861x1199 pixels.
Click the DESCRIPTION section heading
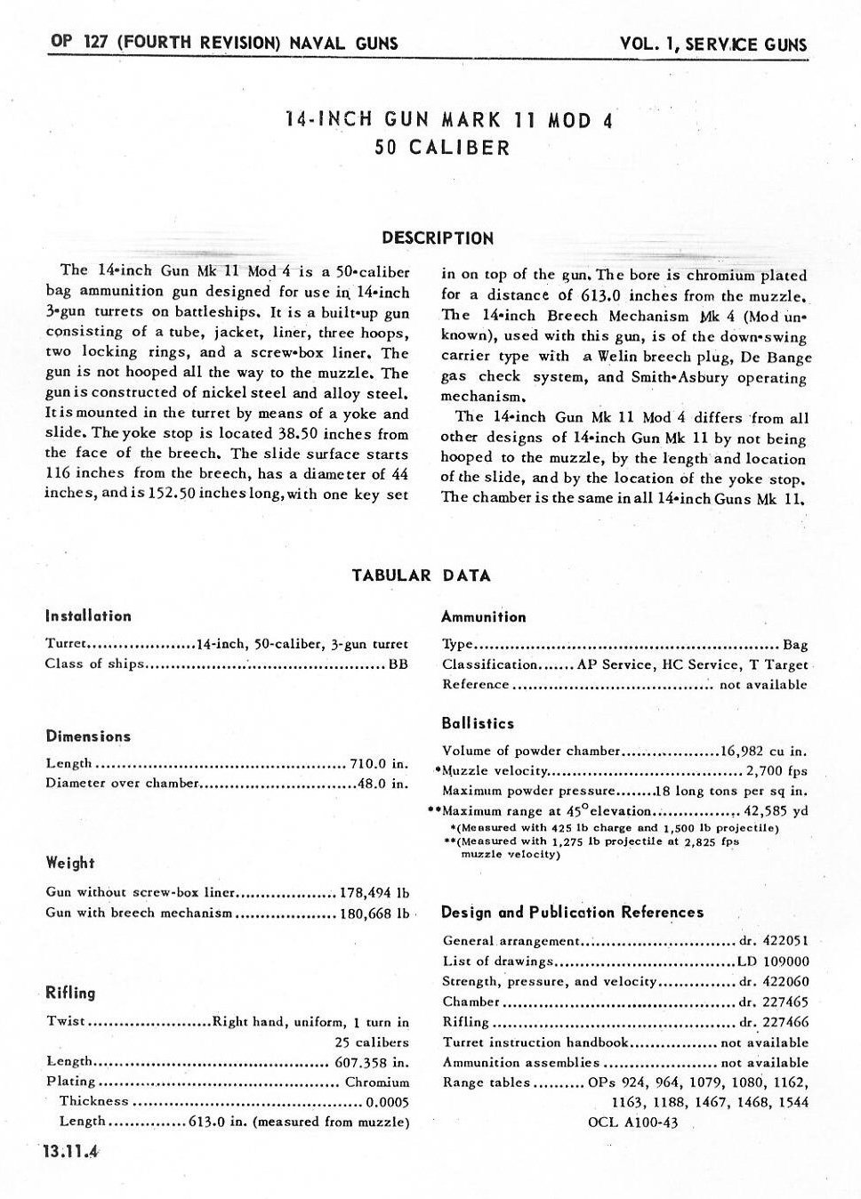438,237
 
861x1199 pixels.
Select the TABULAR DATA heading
422,575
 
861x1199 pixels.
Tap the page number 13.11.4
67,1151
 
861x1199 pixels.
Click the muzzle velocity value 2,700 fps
777,770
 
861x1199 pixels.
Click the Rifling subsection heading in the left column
70,993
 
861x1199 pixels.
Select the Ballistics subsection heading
478,723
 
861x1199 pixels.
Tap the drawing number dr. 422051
773,940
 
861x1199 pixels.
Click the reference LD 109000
773,961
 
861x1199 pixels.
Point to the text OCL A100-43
633,1123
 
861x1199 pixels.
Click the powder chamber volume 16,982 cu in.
763,750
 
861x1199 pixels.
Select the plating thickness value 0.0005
388,1101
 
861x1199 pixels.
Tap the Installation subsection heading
88,616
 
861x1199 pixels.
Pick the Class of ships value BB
398,664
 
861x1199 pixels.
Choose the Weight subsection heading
70,863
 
